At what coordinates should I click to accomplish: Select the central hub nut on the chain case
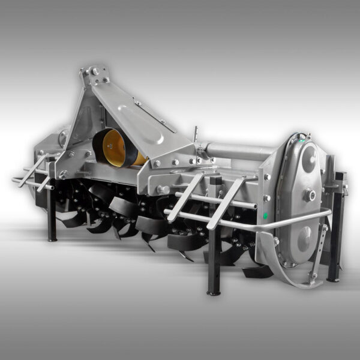pos(310,194)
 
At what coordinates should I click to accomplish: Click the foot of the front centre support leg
pos(212,292)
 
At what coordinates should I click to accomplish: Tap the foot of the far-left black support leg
pos(52,239)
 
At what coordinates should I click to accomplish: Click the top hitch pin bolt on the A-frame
pos(95,71)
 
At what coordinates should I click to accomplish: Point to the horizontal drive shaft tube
pos(240,150)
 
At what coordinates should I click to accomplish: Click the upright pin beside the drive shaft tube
pos(194,133)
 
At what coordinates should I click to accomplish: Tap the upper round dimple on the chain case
pos(310,158)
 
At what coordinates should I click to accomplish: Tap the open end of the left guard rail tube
pos(13,179)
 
